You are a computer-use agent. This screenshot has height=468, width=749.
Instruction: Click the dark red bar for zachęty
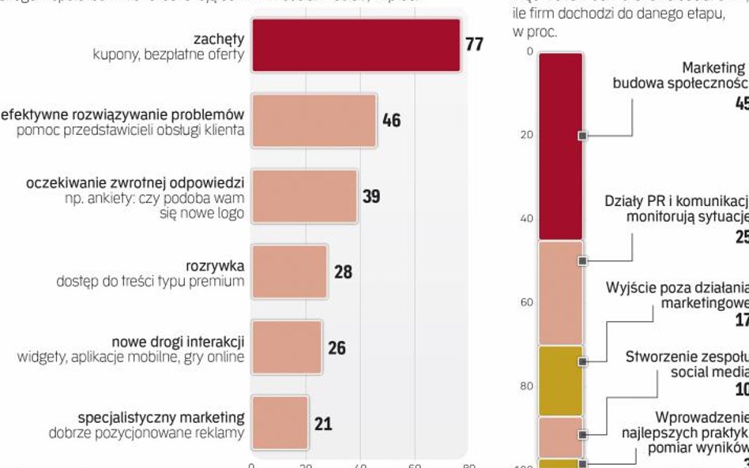[x=356, y=45]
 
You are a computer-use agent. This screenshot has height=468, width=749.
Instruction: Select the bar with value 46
[x=314, y=121]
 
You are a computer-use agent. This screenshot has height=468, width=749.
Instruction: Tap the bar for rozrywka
[x=289, y=271]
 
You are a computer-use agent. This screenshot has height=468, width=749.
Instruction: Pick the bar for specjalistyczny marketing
[x=280, y=423]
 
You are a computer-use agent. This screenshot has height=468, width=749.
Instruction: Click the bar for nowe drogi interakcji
[x=287, y=347]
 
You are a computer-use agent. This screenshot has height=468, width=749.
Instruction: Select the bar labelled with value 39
[x=304, y=196]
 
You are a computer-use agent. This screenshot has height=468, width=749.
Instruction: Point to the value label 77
[x=474, y=44]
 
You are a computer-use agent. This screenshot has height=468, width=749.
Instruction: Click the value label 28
[x=343, y=272]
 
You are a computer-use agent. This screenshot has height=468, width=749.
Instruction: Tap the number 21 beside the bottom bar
[x=323, y=424]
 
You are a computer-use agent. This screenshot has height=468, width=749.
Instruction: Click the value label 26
[x=337, y=348]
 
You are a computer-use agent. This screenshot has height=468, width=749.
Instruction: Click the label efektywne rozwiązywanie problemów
[x=123, y=114]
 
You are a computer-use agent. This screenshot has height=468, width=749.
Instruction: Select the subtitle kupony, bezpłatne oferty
[x=168, y=55]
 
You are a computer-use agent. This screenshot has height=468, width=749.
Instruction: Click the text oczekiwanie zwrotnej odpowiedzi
[x=135, y=182]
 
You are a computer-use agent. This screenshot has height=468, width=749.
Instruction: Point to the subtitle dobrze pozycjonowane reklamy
[x=146, y=432]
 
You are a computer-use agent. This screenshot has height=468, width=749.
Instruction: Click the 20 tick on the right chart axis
[x=526, y=135]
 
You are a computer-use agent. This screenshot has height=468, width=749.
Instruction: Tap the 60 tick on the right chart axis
[x=526, y=302]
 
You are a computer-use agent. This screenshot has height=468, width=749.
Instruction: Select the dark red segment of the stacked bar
[x=560, y=146]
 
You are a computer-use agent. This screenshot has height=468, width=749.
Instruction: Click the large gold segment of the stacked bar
[x=560, y=380]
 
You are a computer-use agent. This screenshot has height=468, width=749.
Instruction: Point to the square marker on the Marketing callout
[x=582, y=136]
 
